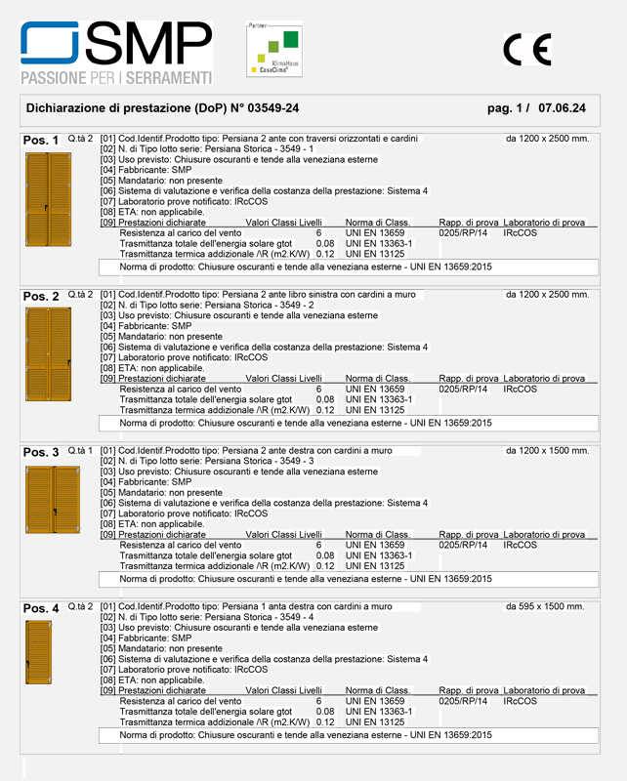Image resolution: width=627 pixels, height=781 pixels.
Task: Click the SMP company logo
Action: click(x=116, y=53)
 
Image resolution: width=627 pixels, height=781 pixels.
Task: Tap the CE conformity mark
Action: click(x=527, y=49)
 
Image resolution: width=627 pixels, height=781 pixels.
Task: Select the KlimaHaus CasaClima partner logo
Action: click(x=273, y=49)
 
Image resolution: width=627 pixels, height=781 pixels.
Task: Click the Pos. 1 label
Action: click(x=41, y=141)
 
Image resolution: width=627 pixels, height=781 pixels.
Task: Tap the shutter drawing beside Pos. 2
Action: click(x=48, y=352)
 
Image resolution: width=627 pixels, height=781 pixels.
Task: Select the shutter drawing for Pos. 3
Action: click(x=52, y=501)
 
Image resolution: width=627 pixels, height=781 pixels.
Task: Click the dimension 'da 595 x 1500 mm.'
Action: click(x=545, y=606)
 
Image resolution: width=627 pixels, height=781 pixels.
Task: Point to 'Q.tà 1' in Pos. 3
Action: click(x=80, y=450)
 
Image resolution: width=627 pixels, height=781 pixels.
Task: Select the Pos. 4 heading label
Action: click(x=41, y=608)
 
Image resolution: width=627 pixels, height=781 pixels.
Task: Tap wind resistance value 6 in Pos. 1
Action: click(x=318, y=233)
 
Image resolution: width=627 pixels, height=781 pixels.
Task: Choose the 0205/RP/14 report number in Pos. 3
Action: click(x=463, y=545)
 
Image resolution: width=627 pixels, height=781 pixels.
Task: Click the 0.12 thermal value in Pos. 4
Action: click(x=325, y=721)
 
